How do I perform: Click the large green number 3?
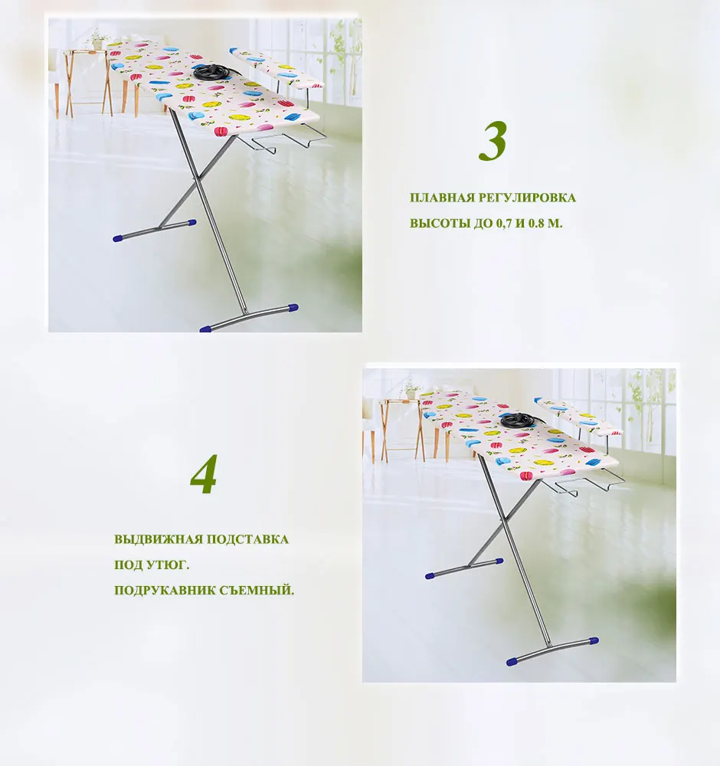click(x=493, y=141)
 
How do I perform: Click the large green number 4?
click(x=203, y=474)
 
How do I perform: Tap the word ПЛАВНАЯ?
click(x=442, y=198)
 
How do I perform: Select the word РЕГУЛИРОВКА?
click(x=527, y=198)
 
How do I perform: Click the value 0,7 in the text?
click(x=504, y=224)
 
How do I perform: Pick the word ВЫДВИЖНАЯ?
click(x=159, y=539)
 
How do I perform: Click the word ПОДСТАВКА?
click(x=247, y=539)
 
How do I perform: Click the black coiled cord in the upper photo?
click(x=212, y=73)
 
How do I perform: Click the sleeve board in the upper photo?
click(x=276, y=68)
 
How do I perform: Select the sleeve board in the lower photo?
click(x=578, y=416)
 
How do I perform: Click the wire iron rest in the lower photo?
click(x=584, y=483)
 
